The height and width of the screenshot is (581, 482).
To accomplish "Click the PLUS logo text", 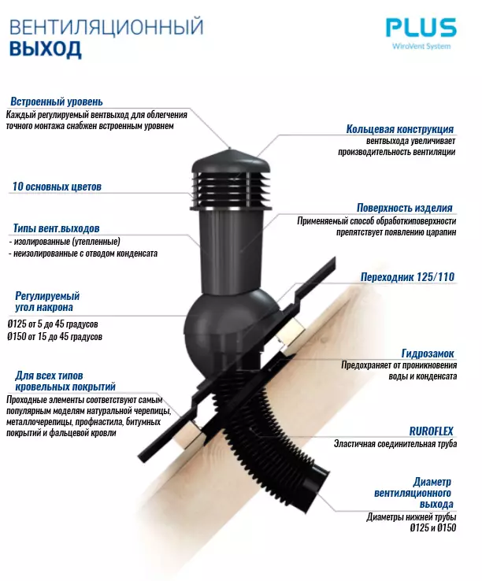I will pyautogui.click(x=421, y=28).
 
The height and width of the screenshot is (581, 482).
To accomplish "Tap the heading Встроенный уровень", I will pyautogui.click(x=57, y=102).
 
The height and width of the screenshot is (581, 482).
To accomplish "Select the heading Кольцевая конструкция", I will pyautogui.click(x=399, y=129).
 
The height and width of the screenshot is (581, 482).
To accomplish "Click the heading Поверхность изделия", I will pyautogui.click(x=404, y=208).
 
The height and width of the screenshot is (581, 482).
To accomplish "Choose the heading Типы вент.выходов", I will pyautogui.click(x=56, y=228).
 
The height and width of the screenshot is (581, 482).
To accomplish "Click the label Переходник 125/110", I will pyautogui.click(x=407, y=277).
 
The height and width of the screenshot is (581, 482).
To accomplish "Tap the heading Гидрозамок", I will pyautogui.click(x=427, y=353).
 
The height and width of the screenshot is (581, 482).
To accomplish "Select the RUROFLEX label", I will pyautogui.click(x=431, y=431).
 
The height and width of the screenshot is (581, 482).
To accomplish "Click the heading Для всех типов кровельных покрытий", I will pyautogui.click(x=61, y=380).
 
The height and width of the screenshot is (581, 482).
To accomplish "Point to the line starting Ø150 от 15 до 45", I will pyautogui.click(x=54, y=336).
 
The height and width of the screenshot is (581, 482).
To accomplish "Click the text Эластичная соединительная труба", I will pyautogui.click(x=394, y=444).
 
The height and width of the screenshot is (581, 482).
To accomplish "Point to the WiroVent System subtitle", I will pyautogui.click(x=421, y=46).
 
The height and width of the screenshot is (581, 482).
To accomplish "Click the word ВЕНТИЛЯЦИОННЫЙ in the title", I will pyautogui.click(x=106, y=27).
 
